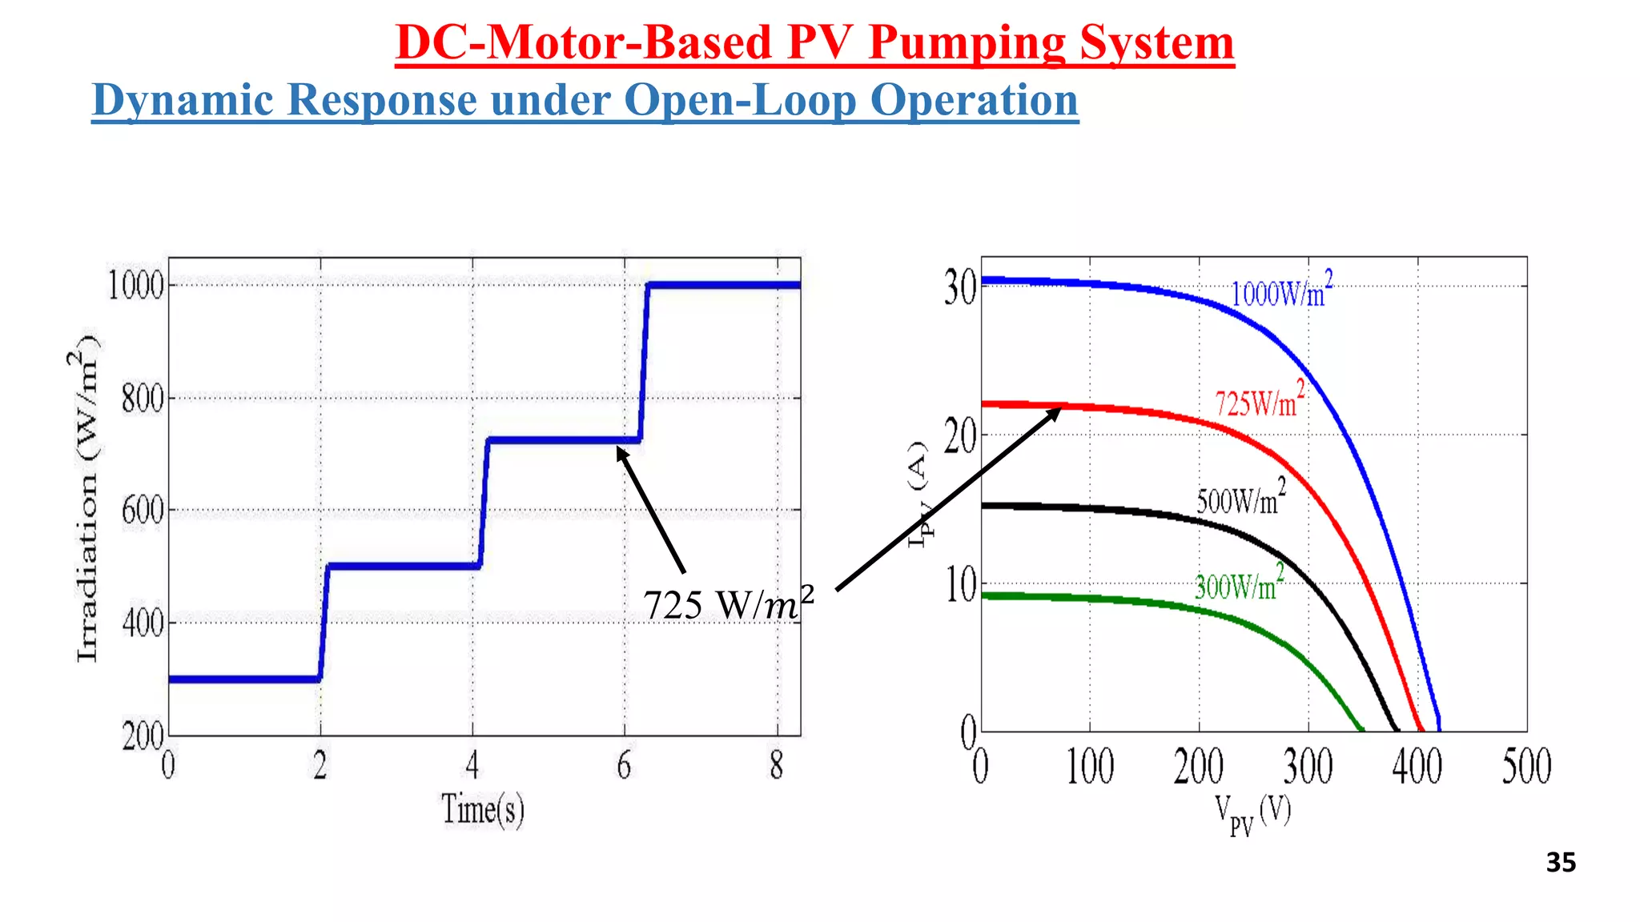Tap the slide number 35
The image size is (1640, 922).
tap(1561, 863)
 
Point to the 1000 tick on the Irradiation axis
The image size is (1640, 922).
tap(136, 286)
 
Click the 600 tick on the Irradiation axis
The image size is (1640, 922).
tap(143, 511)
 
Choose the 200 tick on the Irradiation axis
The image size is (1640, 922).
tap(143, 736)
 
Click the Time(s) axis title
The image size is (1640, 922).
tap(483, 809)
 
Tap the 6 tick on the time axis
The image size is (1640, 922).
tap(624, 767)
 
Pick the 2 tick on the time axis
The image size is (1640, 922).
tap(320, 767)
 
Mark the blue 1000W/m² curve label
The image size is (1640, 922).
tap(1281, 291)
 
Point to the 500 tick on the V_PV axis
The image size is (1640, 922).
tap(1526, 767)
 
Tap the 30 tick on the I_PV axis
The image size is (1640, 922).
tap(960, 289)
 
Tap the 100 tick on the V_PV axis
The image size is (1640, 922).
tap(1090, 767)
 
